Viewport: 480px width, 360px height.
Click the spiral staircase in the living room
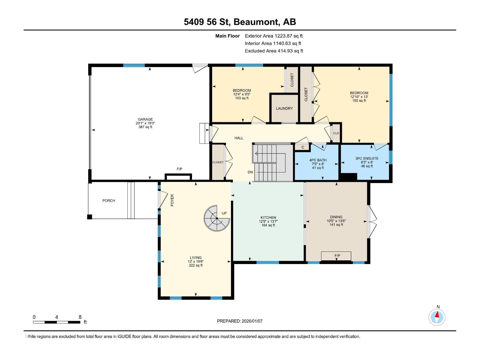point(217,218)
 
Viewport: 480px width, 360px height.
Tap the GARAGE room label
point(145,119)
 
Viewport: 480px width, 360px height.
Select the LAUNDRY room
point(284,108)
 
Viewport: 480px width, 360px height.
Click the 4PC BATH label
point(318,160)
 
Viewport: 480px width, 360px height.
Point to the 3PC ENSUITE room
point(367,162)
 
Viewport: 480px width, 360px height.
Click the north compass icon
point(437,317)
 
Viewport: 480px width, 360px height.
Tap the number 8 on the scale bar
point(80,317)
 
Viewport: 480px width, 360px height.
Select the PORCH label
point(109,201)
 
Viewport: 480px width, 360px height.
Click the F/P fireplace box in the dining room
point(336,256)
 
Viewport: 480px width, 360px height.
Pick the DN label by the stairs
point(250,172)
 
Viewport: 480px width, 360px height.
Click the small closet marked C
point(303,147)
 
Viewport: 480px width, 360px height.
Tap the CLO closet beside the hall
point(336,133)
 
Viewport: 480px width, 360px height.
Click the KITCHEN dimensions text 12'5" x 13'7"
point(268,221)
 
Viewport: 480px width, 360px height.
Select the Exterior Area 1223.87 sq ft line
point(274,36)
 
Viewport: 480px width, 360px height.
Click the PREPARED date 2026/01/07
point(240,321)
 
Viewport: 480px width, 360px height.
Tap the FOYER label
point(172,200)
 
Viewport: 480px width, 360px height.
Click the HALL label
point(239,138)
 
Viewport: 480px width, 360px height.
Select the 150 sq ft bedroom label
point(359,101)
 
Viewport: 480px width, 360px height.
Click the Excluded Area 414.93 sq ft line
point(274,51)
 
